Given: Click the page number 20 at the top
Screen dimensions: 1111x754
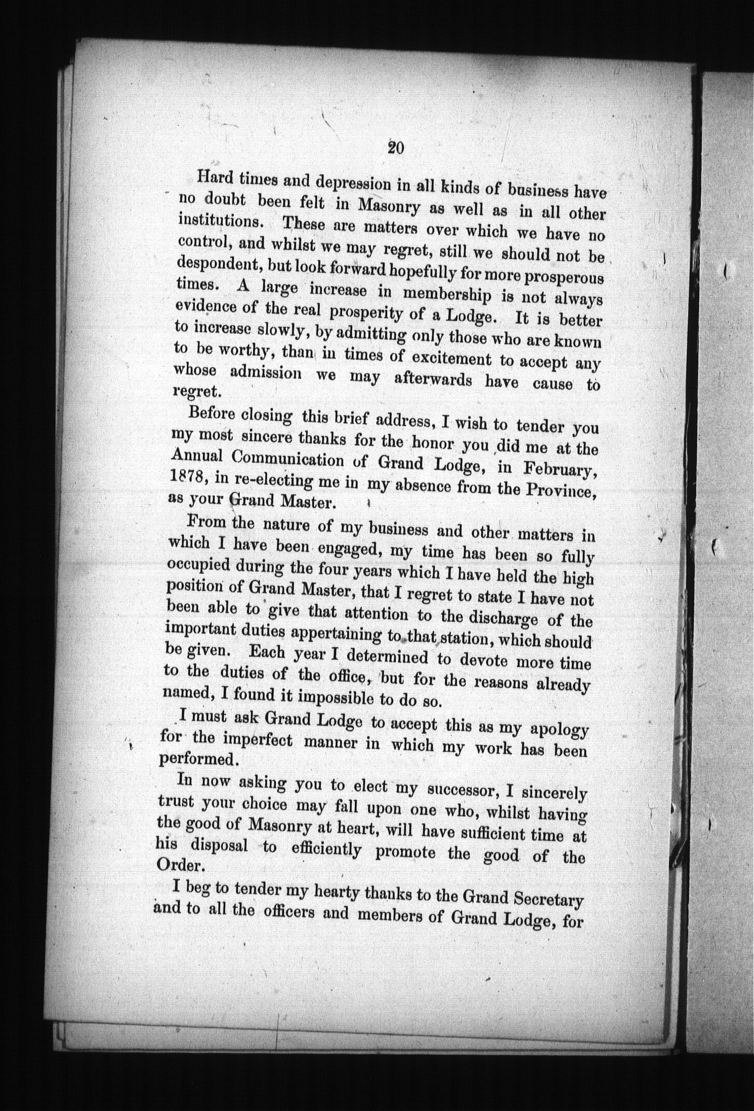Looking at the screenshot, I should click(396, 148).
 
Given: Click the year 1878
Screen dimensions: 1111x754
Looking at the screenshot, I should click(188, 478).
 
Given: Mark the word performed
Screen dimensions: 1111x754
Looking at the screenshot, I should click(198, 759).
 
